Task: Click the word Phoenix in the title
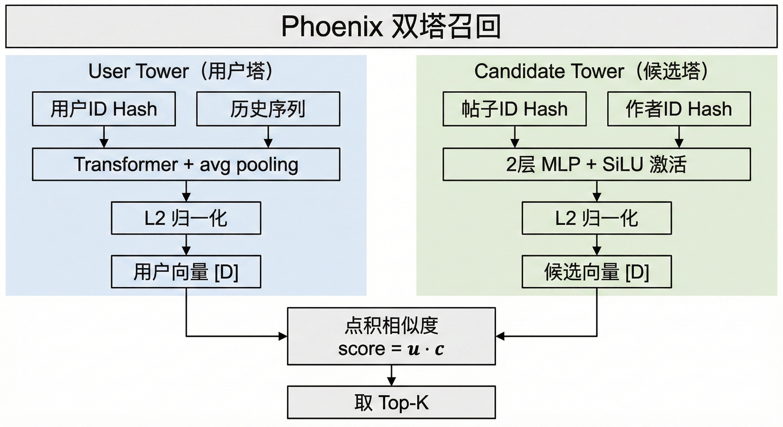click(x=332, y=26)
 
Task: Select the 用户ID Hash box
click(x=104, y=109)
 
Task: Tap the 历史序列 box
click(x=268, y=109)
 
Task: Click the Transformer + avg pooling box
click(x=186, y=164)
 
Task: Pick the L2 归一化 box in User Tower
click(x=186, y=218)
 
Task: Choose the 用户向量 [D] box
click(x=186, y=272)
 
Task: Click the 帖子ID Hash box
click(x=514, y=109)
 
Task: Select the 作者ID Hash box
click(x=679, y=109)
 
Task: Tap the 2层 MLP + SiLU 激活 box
click(x=596, y=164)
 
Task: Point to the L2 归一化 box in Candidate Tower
click(x=596, y=218)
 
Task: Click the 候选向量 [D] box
click(x=596, y=272)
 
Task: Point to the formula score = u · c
click(x=391, y=349)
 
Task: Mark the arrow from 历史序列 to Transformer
click(x=268, y=137)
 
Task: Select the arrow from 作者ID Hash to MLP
click(x=679, y=137)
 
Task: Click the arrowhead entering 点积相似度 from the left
click(x=283, y=336)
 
